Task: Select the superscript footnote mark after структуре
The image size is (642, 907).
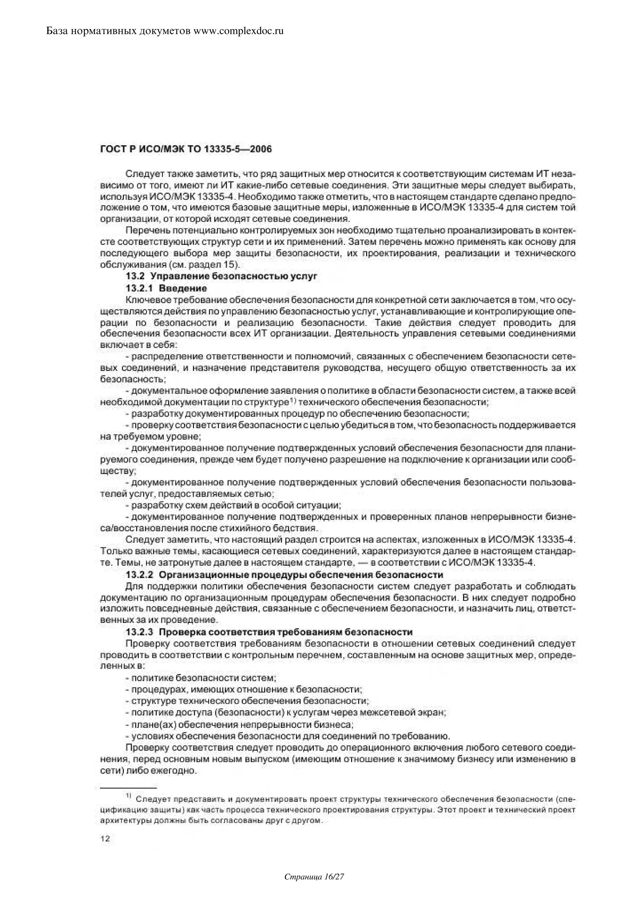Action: coord(292,402)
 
